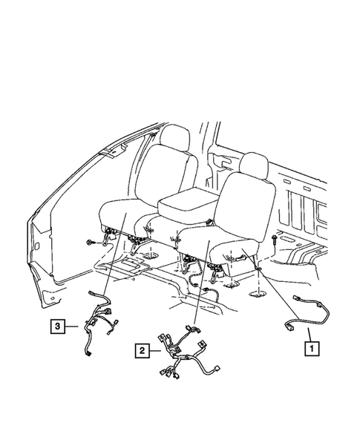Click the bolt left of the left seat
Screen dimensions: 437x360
pyautogui.click(x=89, y=243)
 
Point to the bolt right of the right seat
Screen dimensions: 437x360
pyautogui.click(x=275, y=240)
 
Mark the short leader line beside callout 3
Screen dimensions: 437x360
pyautogui.click(x=71, y=324)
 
